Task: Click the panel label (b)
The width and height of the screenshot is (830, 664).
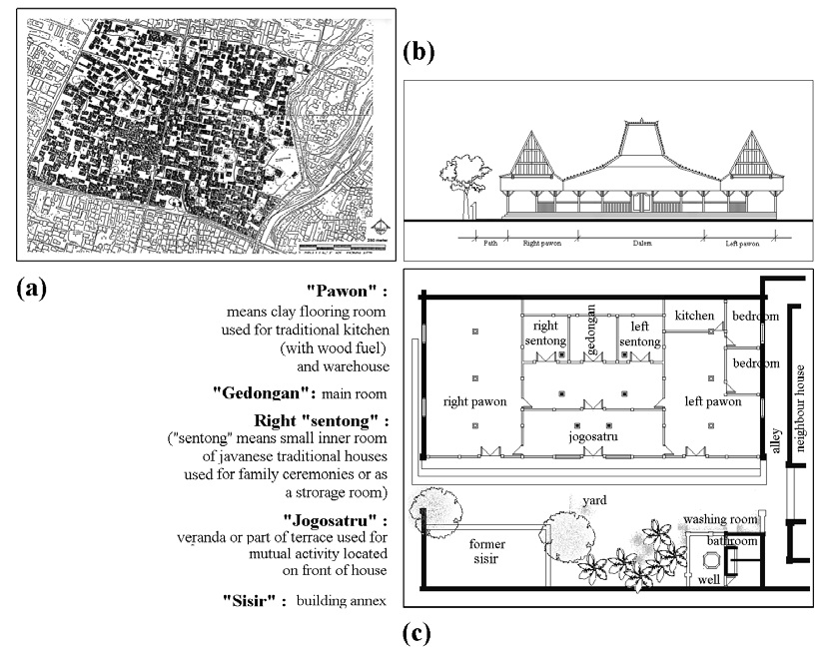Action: [418, 52]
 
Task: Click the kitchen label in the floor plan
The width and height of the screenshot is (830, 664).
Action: [694, 316]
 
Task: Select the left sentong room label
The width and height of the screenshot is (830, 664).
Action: [639, 333]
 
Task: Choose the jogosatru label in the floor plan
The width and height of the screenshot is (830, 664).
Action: [589, 436]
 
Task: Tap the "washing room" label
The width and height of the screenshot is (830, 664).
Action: [719, 519]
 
